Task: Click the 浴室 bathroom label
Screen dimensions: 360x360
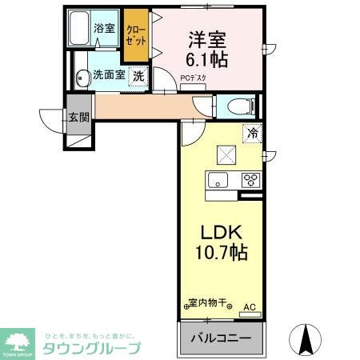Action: coord(105,29)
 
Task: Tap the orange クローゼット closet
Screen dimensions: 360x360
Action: coord(135,36)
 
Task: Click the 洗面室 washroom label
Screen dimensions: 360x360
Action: coord(109,75)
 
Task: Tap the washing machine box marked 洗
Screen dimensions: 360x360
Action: coord(138,77)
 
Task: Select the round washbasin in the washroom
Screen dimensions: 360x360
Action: coord(82,78)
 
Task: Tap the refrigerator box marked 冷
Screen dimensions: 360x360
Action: coord(252,134)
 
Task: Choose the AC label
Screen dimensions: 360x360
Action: coord(248,305)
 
